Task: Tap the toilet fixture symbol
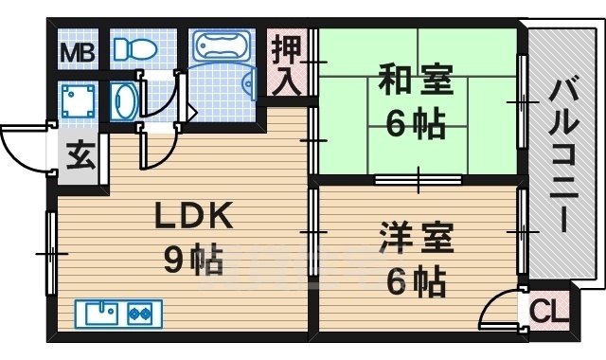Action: (x=134, y=48)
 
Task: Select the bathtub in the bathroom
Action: (x=221, y=47)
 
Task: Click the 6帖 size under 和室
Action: (x=416, y=124)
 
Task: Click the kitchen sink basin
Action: (x=100, y=311)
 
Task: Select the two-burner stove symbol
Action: (x=140, y=311)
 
